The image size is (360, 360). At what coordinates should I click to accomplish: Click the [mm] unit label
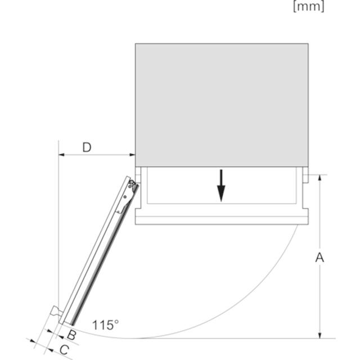[x=309, y=6]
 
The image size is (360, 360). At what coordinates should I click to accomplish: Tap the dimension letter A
[x=319, y=257]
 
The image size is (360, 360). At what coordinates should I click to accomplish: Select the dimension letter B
[x=71, y=335]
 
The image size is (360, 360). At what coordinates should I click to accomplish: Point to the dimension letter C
[x=64, y=350]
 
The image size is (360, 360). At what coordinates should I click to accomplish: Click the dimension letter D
[x=87, y=147]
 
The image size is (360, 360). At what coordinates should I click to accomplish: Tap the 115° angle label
[x=105, y=325]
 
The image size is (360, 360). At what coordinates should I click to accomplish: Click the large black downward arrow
[x=221, y=186]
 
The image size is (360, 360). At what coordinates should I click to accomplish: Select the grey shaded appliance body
[x=222, y=105]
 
